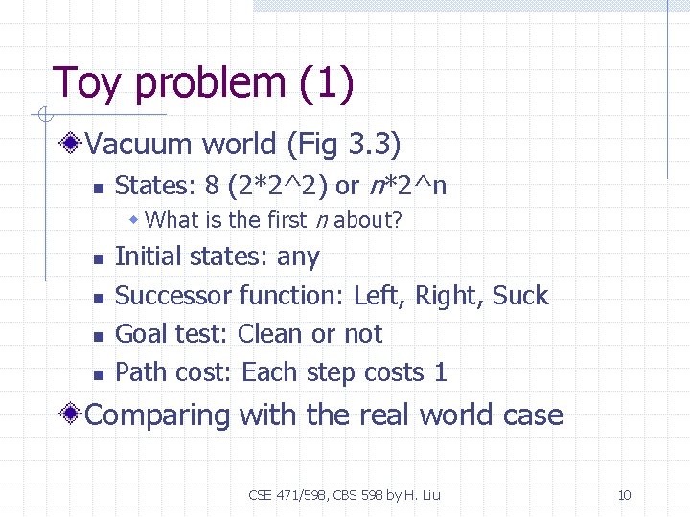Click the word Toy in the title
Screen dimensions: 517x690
88,84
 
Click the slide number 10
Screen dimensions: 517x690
624,495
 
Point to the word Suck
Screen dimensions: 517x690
520,296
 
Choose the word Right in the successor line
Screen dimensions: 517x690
448,296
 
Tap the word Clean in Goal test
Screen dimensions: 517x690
271,334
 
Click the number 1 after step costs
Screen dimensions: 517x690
441,372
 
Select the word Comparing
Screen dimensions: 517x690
158,416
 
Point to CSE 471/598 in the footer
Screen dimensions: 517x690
289,495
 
